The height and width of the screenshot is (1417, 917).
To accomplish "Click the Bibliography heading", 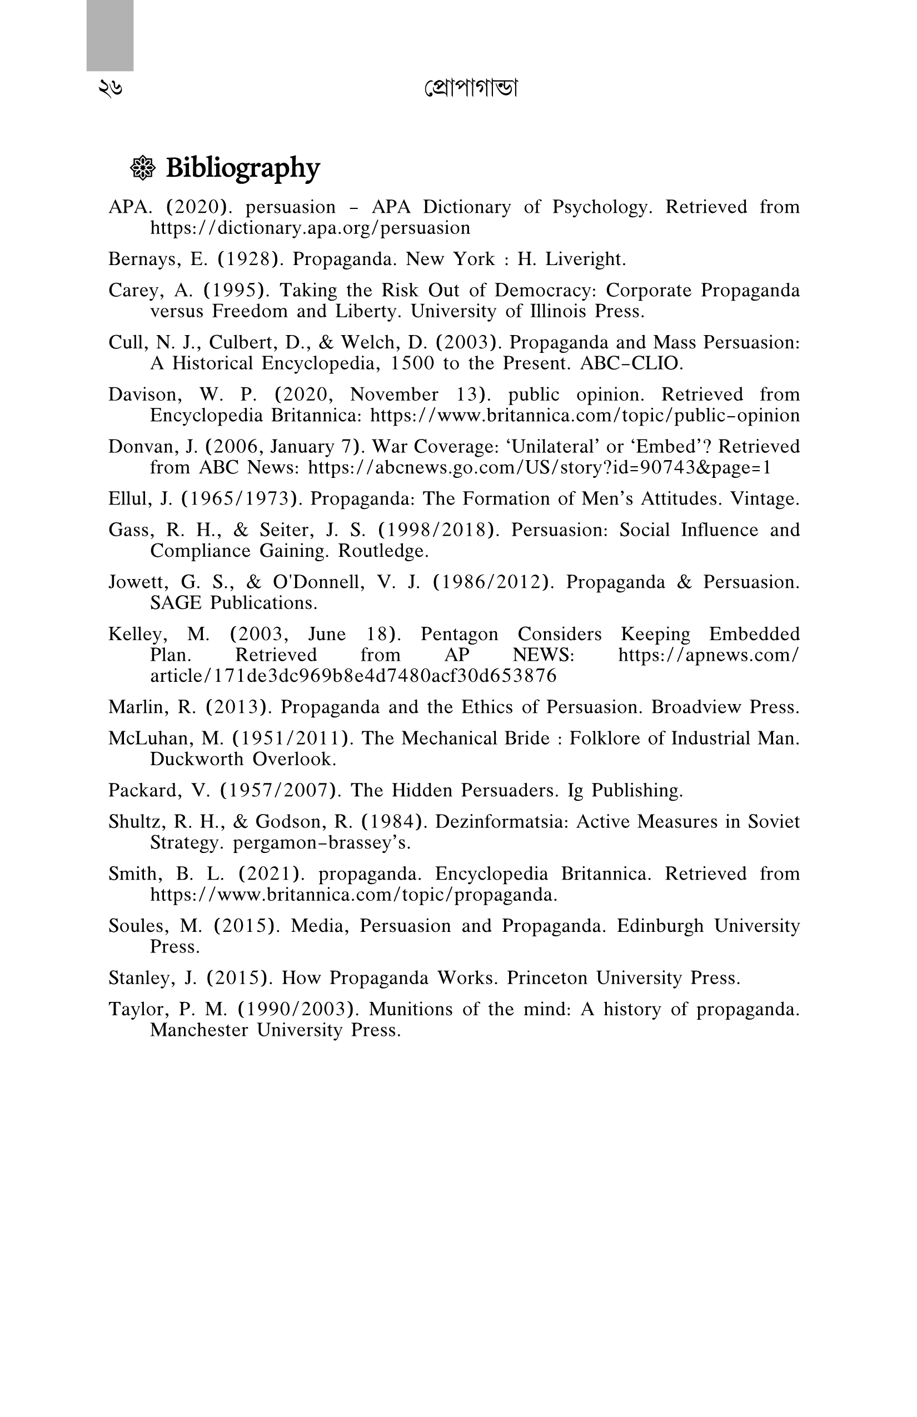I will (242, 168).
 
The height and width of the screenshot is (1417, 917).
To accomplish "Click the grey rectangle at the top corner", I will (110, 36).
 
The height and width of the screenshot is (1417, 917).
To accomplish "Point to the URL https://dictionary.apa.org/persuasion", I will (310, 227).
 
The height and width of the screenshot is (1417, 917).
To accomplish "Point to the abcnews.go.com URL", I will (540, 467).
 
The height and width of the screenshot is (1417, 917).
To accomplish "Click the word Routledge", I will (383, 551).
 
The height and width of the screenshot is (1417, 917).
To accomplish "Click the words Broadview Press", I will (724, 707).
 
